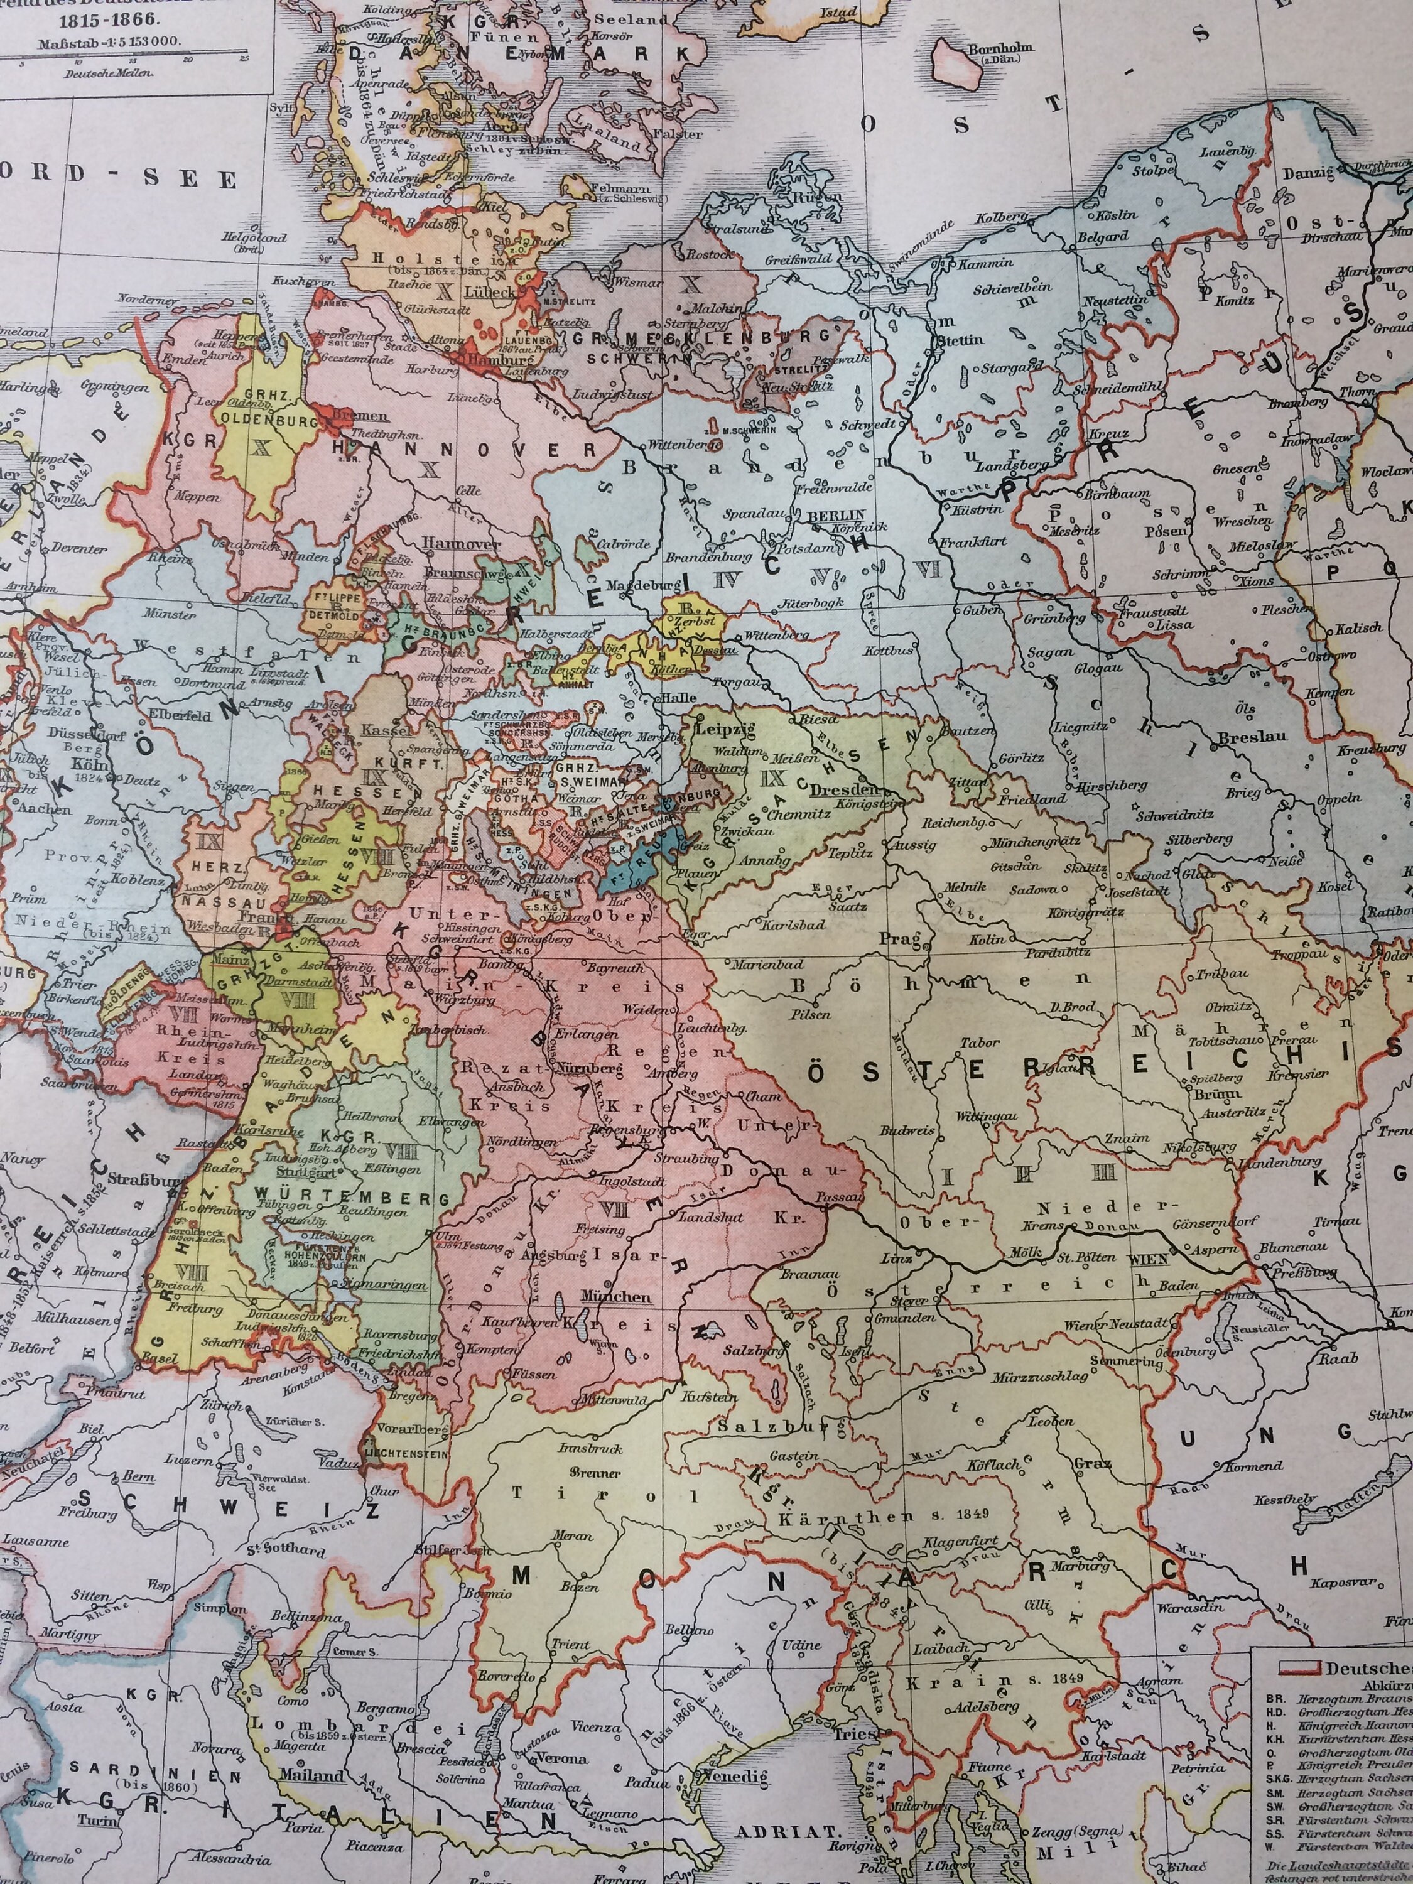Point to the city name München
click(615, 1296)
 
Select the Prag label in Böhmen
click(907, 940)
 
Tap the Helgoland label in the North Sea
click(254, 237)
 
